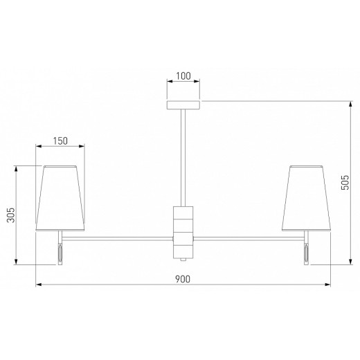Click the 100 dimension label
point(183,76)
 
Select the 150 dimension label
point(60,141)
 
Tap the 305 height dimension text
point(10,215)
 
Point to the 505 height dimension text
point(345,183)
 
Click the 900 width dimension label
point(183,279)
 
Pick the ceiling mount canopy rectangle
point(183,105)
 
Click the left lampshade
point(60,198)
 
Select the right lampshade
point(306,198)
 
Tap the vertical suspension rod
point(183,158)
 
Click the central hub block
point(183,233)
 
